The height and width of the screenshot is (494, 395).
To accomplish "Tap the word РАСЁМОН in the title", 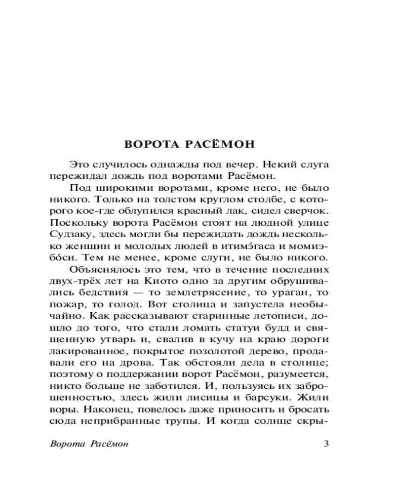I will [220, 145].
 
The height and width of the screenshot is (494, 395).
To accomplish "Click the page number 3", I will [325, 443].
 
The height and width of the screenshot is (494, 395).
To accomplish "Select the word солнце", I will [288, 423].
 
